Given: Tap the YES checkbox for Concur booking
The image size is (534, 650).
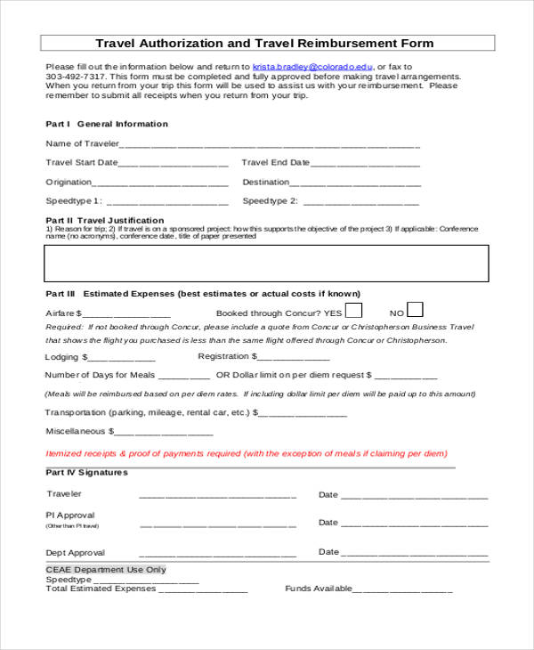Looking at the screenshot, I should pyautogui.click(x=353, y=311).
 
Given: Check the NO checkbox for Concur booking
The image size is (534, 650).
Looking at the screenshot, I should pyautogui.click(x=415, y=310).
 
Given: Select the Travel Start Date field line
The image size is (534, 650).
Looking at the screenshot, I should pyautogui.click(x=173, y=165).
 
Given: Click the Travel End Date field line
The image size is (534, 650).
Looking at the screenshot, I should pyautogui.click(x=367, y=165).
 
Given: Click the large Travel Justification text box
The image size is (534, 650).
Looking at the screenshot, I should pyautogui.click(x=266, y=263).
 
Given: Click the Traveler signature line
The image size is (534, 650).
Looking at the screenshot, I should pyautogui.click(x=217, y=496).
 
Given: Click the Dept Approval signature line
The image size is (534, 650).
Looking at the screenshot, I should pyautogui.click(x=217, y=554).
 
